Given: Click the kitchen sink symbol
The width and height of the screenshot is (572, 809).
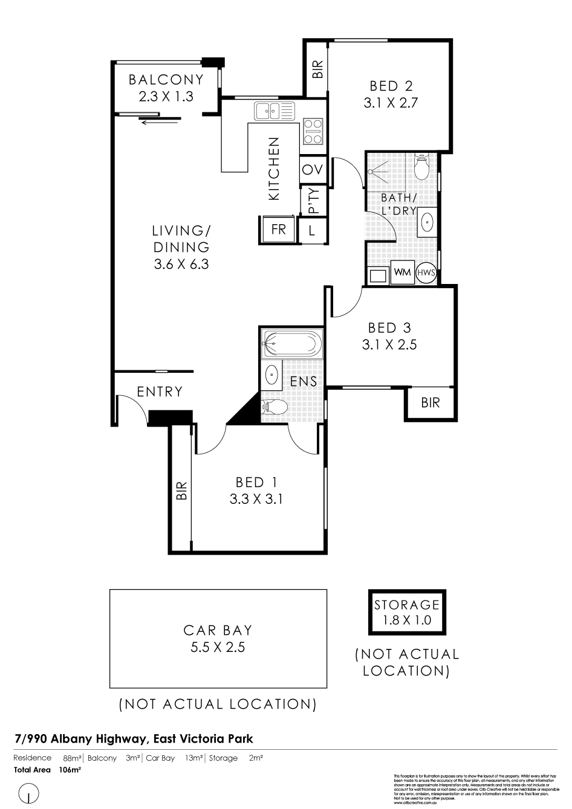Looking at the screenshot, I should (274, 111).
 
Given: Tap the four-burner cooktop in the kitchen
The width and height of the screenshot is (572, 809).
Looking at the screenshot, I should (313, 131).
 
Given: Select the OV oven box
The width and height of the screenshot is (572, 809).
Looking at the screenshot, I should (313, 170).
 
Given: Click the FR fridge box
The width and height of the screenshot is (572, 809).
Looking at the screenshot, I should (278, 230).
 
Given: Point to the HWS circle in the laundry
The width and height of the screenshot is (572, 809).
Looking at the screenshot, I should (426, 272).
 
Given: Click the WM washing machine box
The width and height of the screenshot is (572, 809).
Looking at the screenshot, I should (402, 272).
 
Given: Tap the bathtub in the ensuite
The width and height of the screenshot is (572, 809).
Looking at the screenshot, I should (291, 344).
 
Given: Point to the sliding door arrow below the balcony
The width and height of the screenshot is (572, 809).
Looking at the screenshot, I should (160, 123).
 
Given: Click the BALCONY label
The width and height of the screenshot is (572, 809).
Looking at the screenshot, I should (166, 80).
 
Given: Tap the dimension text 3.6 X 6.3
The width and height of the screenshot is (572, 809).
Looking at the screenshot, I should (181, 263).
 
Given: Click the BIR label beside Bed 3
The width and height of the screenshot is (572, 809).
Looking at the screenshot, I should (431, 402).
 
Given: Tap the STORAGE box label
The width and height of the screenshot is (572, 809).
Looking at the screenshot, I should (406, 604).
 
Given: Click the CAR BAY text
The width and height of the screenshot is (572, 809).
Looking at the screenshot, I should (218, 630).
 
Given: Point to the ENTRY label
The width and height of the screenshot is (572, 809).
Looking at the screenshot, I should (160, 392).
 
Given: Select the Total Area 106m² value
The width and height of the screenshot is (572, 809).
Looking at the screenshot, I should (70, 770).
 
